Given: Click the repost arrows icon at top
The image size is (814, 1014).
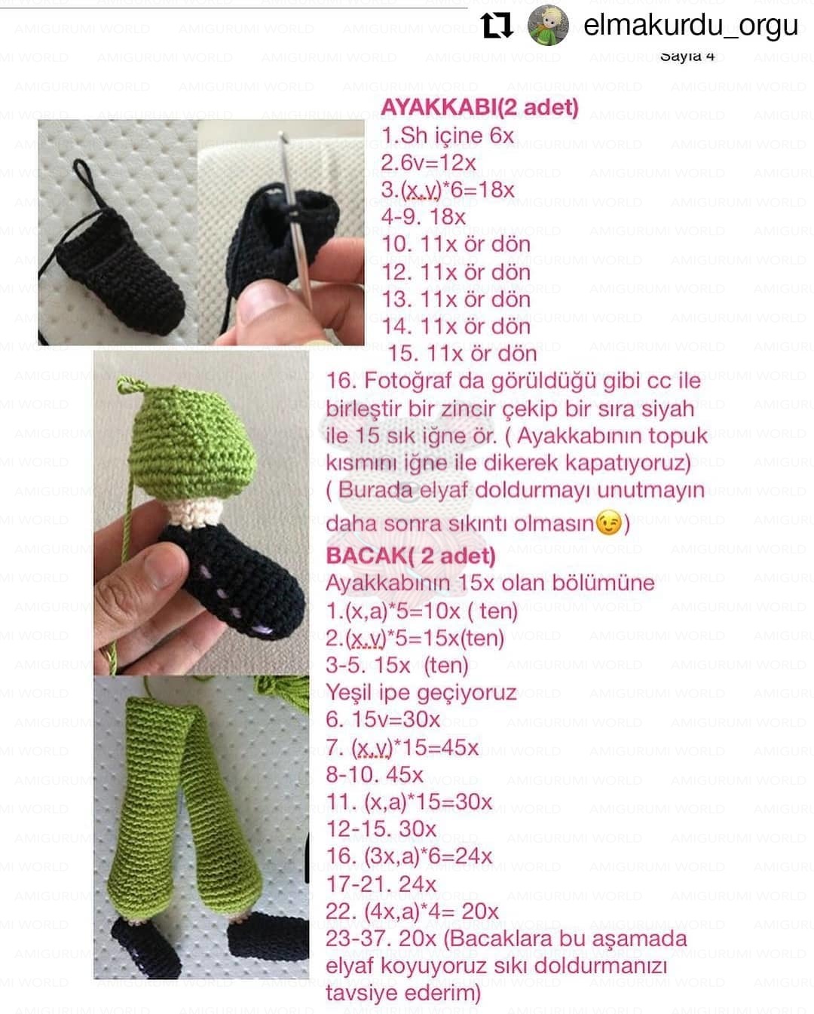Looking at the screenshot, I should [497, 25].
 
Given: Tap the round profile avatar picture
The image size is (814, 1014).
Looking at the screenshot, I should [548, 25].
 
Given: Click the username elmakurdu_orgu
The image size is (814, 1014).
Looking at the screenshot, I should [690, 25].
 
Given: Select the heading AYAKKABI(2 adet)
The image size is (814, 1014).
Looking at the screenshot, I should [479, 108].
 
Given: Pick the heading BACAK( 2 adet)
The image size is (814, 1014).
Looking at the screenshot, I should [411, 556].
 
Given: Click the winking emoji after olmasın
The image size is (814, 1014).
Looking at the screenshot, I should [609, 522].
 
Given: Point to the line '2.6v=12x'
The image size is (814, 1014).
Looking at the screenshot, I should [428, 163].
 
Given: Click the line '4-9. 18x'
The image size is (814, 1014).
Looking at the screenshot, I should [423, 217].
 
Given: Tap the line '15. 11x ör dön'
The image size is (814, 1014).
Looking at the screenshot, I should [462, 353].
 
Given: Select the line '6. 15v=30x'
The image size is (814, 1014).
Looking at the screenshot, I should [383, 719].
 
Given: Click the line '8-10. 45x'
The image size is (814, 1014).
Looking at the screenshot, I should [375, 774].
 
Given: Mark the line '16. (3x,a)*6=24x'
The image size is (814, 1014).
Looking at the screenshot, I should [409, 856].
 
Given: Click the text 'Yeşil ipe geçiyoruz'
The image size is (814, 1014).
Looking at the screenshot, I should [421, 692].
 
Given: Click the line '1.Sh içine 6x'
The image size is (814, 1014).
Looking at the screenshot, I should [447, 136].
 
